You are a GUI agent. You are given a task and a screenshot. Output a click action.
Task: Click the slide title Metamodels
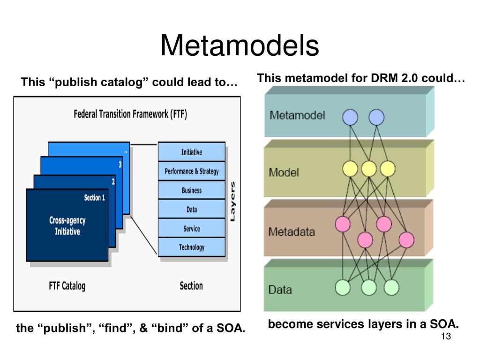240,45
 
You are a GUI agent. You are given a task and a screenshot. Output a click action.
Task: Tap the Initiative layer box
192,152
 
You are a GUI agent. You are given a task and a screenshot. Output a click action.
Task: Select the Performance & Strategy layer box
192,171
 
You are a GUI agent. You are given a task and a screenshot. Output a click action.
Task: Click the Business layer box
192,190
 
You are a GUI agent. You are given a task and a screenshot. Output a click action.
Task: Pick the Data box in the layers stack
192,209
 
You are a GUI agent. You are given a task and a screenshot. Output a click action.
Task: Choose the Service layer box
192,228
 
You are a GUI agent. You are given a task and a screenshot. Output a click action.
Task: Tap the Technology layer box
192,247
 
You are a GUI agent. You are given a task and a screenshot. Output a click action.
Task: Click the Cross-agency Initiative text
67,225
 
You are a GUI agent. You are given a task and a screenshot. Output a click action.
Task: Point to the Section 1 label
95,197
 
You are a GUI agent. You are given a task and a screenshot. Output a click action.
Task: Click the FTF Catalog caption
67,286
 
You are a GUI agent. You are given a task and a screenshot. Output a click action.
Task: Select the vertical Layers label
232,202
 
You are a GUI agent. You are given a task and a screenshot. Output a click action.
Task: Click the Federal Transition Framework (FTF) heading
130,114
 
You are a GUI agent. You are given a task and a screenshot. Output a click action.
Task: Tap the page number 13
446,336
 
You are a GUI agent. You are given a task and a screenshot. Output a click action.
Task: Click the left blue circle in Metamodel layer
350,117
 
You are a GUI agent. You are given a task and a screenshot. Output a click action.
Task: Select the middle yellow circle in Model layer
369,169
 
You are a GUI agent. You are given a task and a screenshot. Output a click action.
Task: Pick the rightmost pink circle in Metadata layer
406,240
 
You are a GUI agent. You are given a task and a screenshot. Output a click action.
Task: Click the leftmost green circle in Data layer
343,287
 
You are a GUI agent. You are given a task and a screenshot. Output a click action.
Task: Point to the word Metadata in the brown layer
292,232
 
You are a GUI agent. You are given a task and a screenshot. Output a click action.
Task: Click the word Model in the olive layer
284,172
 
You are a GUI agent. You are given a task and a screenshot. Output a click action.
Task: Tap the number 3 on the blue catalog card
120,165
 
